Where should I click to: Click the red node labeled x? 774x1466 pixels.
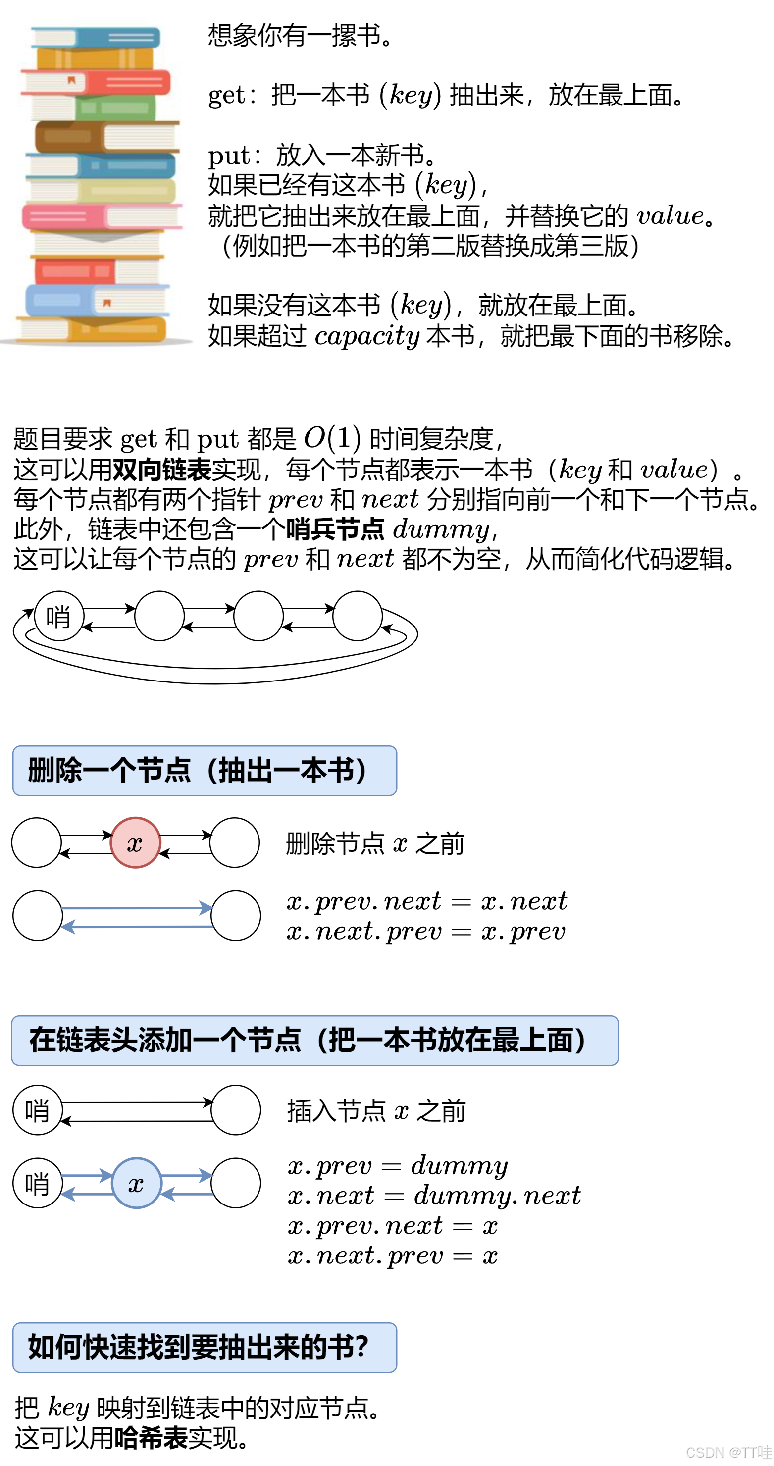135,843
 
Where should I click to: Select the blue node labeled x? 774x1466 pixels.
136,1183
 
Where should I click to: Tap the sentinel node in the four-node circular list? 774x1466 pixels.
58,616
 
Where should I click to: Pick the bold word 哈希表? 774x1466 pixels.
151,1438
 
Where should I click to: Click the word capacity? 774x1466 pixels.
366,336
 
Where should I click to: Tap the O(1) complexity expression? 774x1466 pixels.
332,438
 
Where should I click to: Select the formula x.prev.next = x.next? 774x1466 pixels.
427,901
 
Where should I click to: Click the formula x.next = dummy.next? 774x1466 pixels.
434,1195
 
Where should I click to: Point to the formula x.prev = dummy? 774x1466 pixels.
397,1165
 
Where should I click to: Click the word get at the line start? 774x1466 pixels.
226,95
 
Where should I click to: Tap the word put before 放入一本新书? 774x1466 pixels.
229,156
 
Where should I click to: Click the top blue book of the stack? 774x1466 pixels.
97,38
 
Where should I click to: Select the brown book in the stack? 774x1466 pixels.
68,137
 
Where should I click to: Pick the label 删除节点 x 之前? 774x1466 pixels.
375,843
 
